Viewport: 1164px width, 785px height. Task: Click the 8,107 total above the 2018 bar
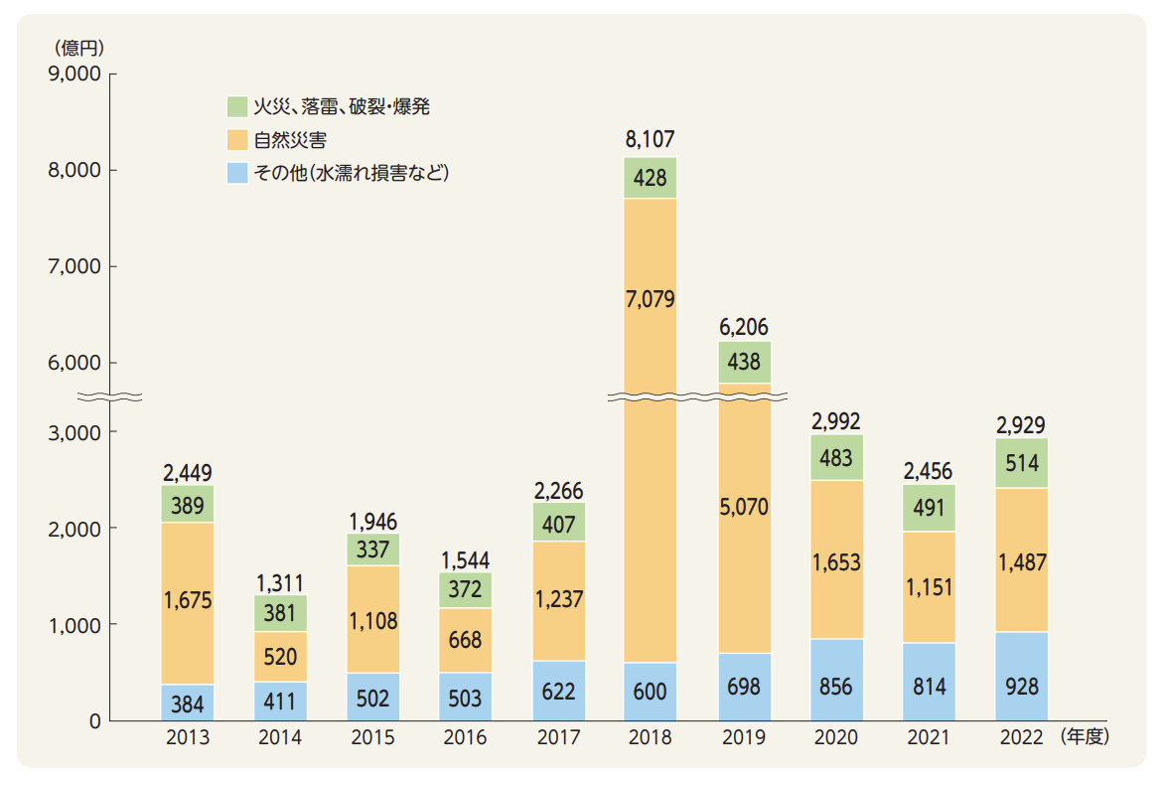coord(651,140)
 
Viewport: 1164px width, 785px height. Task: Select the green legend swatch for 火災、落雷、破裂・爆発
coord(237,106)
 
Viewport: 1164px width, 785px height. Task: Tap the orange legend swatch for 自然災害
coord(237,139)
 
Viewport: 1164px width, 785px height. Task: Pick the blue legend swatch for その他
coord(237,173)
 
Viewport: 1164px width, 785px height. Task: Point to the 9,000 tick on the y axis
coord(73,75)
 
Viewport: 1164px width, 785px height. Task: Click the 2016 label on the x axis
coord(465,738)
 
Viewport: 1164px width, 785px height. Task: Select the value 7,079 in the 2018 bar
coord(651,299)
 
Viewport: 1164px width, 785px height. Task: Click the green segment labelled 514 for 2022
coord(1021,463)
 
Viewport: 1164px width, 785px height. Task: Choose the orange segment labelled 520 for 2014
coord(280,657)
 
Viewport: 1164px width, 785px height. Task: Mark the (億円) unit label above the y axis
coord(74,46)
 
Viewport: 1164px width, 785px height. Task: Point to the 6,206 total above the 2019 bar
coord(744,327)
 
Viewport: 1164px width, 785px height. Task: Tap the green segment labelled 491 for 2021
coord(929,508)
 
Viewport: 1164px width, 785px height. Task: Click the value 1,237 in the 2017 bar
coord(558,600)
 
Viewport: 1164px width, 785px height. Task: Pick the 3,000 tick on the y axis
coord(73,432)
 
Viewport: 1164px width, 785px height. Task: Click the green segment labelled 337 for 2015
coord(372,549)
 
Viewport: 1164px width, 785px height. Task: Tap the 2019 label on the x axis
coord(744,738)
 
